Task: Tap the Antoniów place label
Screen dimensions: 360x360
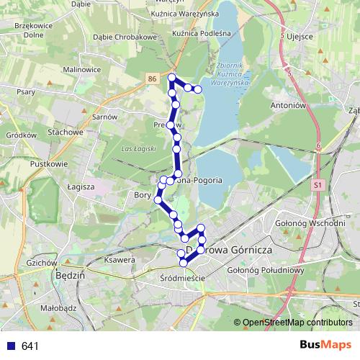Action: click(291, 105)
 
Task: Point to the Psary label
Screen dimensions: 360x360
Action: click(26, 92)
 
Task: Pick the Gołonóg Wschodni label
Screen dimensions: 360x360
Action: click(310, 223)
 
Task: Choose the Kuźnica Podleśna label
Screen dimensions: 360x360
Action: click(199, 33)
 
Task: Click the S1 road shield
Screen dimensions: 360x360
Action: click(317, 185)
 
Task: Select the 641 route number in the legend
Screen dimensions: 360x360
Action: click(30, 346)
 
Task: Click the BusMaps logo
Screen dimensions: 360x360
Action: click(325, 345)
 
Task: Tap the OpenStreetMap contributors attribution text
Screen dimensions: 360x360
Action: click(297, 323)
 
